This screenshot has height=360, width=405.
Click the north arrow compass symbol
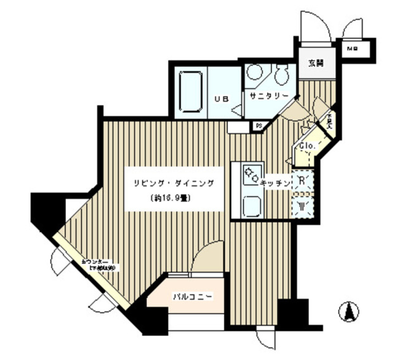point(349,313)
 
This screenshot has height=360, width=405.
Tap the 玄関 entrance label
point(316,64)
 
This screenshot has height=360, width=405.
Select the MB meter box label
point(352,49)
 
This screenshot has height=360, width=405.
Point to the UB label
point(222,99)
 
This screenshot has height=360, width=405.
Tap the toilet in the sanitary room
point(281,75)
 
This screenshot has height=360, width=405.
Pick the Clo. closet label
point(308,146)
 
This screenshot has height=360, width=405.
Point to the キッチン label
point(275,183)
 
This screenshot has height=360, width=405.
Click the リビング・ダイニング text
point(175,183)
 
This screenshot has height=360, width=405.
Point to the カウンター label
point(96,262)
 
